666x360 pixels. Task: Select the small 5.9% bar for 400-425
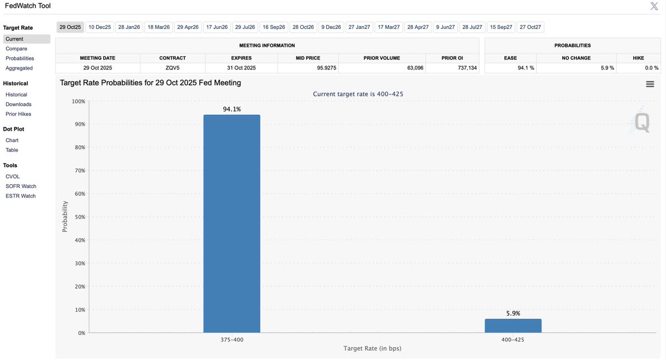[x=513, y=326]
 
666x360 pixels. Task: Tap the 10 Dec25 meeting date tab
[x=100, y=27]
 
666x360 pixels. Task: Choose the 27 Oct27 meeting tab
[x=531, y=27]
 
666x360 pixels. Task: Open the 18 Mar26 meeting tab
[x=159, y=27]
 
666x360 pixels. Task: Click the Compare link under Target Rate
[x=16, y=49]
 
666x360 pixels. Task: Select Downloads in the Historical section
[x=18, y=104]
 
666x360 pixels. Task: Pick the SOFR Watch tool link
[x=21, y=186]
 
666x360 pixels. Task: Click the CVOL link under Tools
[x=12, y=176]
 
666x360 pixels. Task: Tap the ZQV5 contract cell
[x=172, y=68]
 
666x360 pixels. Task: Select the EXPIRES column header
[x=241, y=58]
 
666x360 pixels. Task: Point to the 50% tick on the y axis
[x=78, y=217]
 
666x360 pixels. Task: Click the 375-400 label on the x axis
[x=231, y=338]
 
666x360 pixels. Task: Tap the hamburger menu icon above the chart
[x=650, y=84]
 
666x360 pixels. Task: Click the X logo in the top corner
[x=654, y=6]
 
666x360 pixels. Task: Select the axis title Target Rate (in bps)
[x=372, y=348]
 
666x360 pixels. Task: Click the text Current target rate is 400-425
[x=358, y=94]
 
